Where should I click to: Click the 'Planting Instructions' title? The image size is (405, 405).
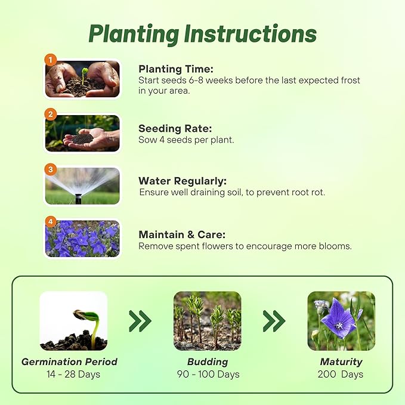click(x=202, y=34)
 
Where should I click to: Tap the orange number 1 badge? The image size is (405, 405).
click(x=51, y=60)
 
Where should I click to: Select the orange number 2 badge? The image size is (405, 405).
click(x=51, y=114)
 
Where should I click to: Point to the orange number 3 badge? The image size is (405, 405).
click(x=51, y=169)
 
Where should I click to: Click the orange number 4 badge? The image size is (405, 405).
click(x=51, y=222)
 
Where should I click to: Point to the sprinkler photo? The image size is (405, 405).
click(x=82, y=186)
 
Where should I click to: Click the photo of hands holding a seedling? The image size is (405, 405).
click(x=82, y=79)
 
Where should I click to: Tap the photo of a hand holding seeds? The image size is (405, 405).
click(x=82, y=133)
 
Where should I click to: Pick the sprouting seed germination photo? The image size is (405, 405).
click(x=73, y=321)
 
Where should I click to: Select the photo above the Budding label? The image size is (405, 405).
click(x=207, y=321)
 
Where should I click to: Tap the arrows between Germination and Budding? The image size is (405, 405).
click(x=140, y=321)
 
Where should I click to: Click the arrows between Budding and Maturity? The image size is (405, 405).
click(x=274, y=321)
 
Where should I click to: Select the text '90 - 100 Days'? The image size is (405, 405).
click(x=208, y=375)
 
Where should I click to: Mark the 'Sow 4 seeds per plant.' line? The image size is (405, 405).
click(x=186, y=140)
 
